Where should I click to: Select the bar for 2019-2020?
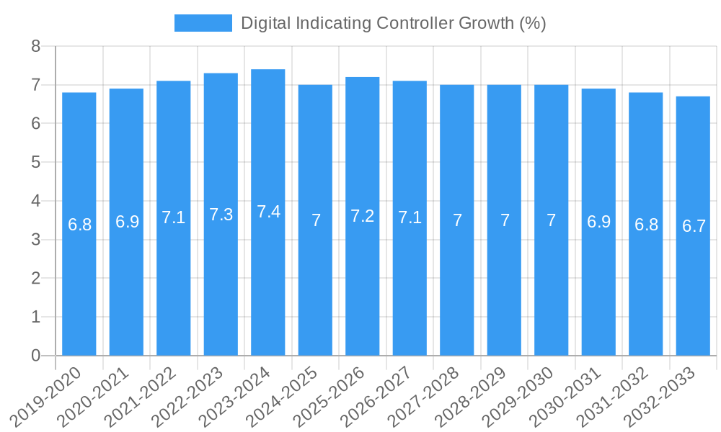(79, 224)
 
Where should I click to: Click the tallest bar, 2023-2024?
(268, 212)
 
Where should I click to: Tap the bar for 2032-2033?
(693, 226)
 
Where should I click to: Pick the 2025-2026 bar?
(363, 216)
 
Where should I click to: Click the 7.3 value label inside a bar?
(221, 215)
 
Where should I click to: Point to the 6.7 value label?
(694, 226)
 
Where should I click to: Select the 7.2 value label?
(363, 216)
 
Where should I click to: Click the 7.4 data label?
(268, 212)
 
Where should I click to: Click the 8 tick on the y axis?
(35, 47)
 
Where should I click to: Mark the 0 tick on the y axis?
(35, 356)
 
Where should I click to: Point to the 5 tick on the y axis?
(35, 163)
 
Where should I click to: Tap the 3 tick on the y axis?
(35, 240)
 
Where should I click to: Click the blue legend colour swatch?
(203, 23)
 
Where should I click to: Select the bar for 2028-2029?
(504, 220)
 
